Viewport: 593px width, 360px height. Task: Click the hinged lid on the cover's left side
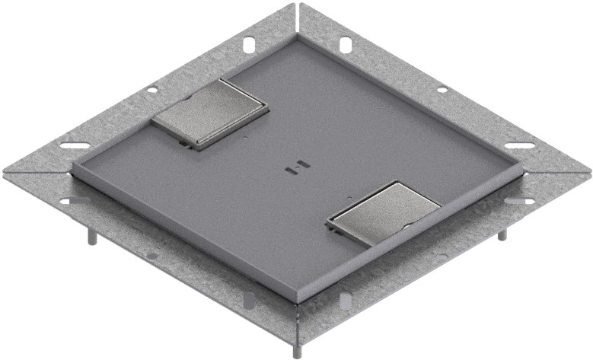[x=210, y=113]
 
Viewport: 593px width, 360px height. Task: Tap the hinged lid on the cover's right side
[x=385, y=212]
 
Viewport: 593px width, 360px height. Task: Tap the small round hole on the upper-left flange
[x=153, y=90]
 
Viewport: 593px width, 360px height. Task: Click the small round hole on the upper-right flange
[x=442, y=90]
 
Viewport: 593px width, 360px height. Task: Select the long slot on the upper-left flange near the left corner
[x=75, y=145]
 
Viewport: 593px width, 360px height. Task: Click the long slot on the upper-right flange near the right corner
[x=518, y=145]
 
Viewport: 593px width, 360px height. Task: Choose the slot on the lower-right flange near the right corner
[x=520, y=201]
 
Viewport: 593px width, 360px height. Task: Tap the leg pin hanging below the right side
[x=502, y=234]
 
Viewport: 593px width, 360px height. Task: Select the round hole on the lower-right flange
[x=443, y=256]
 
